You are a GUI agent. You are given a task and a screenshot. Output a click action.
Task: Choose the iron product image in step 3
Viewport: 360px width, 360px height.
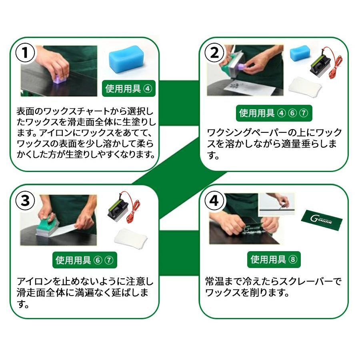124,208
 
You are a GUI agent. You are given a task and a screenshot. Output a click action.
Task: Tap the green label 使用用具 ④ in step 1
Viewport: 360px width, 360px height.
129,89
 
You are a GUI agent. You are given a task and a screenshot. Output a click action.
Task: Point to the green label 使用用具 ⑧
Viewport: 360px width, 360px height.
274,260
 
